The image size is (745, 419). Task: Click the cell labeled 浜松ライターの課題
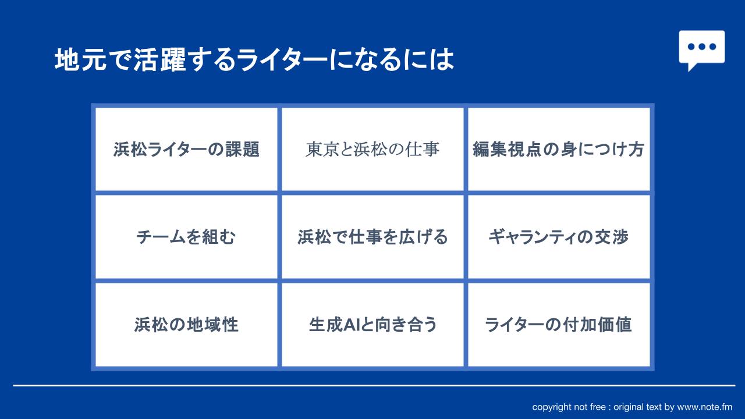[186, 149]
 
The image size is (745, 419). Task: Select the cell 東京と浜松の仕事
[372, 149]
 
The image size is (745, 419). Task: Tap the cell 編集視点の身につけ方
[559, 149]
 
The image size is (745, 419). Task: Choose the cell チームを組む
[186, 237]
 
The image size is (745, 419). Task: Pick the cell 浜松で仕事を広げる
[372, 237]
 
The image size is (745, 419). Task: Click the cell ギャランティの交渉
[559, 237]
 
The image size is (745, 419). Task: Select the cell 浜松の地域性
[186, 325]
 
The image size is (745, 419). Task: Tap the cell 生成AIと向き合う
[372, 325]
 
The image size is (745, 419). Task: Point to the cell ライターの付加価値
[559, 325]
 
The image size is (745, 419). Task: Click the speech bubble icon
[702, 48]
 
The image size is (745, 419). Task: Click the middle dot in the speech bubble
[702, 47]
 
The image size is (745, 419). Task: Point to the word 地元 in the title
[81, 59]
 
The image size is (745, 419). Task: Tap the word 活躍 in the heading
[159, 59]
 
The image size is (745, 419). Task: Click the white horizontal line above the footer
[374, 385]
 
